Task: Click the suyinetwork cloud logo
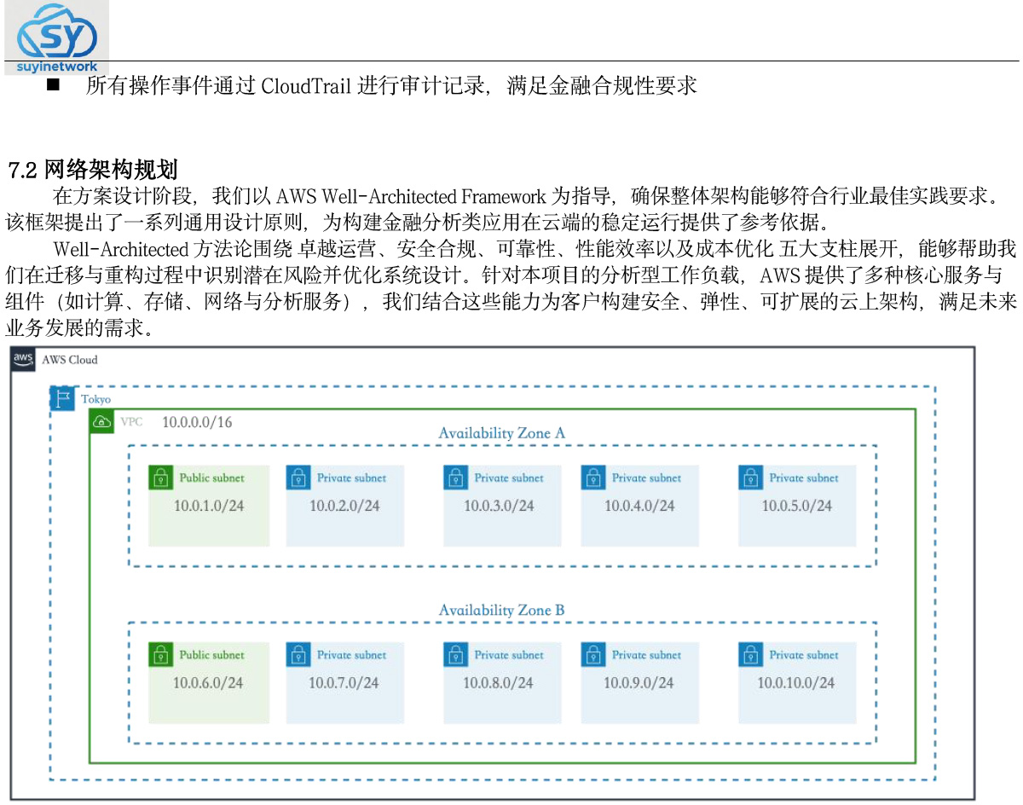pyautogui.click(x=56, y=37)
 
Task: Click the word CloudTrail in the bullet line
pyautogui.click(x=306, y=86)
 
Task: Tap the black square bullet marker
pyautogui.click(x=53, y=84)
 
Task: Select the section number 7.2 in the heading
pyautogui.click(x=22, y=170)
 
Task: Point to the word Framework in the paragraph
pyautogui.click(x=504, y=196)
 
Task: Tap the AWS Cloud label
pyautogui.click(x=70, y=360)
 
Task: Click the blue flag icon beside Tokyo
pyautogui.click(x=62, y=398)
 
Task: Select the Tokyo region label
pyautogui.click(x=95, y=399)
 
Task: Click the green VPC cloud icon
pyautogui.click(x=101, y=421)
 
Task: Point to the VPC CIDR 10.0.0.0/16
pyautogui.click(x=197, y=422)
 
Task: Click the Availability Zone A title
pyautogui.click(x=501, y=432)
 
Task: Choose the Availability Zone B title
pyautogui.click(x=501, y=610)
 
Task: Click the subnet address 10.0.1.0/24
pyautogui.click(x=209, y=505)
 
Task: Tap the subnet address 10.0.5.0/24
pyautogui.click(x=797, y=505)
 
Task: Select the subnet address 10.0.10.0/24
pyautogui.click(x=795, y=682)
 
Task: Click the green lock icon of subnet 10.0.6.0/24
pyautogui.click(x=160, y=654)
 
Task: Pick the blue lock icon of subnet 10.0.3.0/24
pyautogui.click(x=455, y=478)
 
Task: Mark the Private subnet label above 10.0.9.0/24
pyautogui.click(x=646, y=655)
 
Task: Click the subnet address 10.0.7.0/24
pyautogui.click(x=344, y=682)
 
